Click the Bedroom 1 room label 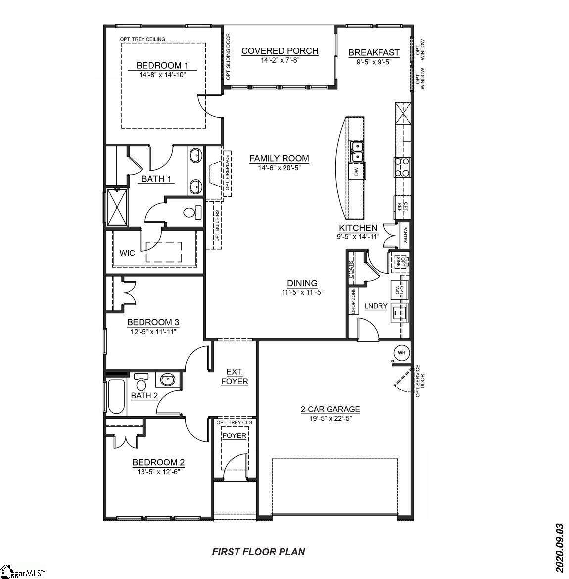pos(162,66)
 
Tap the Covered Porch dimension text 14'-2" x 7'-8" pos(280,60)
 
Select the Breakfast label pos(374,53)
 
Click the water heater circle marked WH pos(402,353)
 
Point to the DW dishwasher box pos(356,171)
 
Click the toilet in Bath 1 pos(192,213)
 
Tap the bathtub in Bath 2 pos(116,397)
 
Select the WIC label pos(127,253)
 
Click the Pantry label pos(405,235)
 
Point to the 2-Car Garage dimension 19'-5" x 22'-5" pos(330,418)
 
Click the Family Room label pos(279,158)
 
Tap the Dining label pos(302,283)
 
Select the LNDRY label pos(376,306)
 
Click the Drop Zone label pos(353,301)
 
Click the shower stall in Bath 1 pos(117,207)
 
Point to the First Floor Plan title pos(258,552)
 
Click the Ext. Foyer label pos(235,376)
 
